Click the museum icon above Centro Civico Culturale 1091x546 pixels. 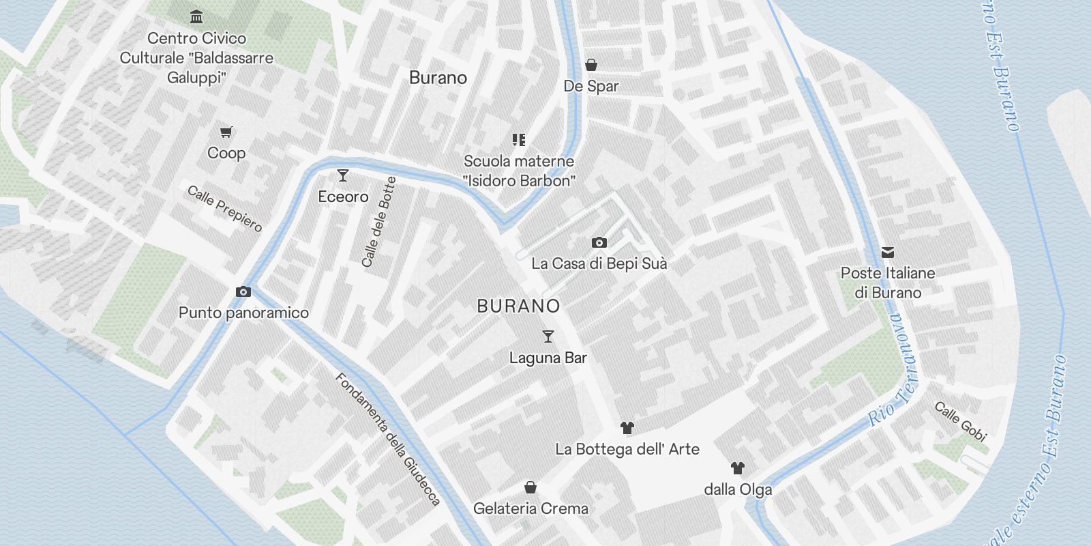[196, 16]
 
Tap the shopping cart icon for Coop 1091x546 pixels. [226, 132]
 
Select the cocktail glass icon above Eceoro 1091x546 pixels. [343, 175]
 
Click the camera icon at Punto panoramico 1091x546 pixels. [243, 292]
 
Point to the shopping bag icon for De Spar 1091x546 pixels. [591, 65]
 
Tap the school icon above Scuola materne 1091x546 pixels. [519, 140]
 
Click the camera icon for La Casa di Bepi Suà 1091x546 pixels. [599, 242]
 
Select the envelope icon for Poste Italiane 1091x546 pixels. [888, 253]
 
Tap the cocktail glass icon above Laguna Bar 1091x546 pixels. [548, 336]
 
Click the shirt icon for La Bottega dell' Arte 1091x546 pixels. [627, 428]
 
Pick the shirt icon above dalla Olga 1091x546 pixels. [738, 468]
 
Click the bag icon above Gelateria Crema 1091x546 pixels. [530, 487]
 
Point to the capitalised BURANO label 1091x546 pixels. [518, 306]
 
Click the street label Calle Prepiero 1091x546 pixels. [224, 208]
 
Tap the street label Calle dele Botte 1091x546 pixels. [379, 222]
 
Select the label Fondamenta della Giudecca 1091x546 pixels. [388, 440]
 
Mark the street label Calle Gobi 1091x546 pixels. [961, 421]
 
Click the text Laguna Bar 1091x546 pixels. [548, 358]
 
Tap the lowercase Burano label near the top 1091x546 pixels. [438, 78]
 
